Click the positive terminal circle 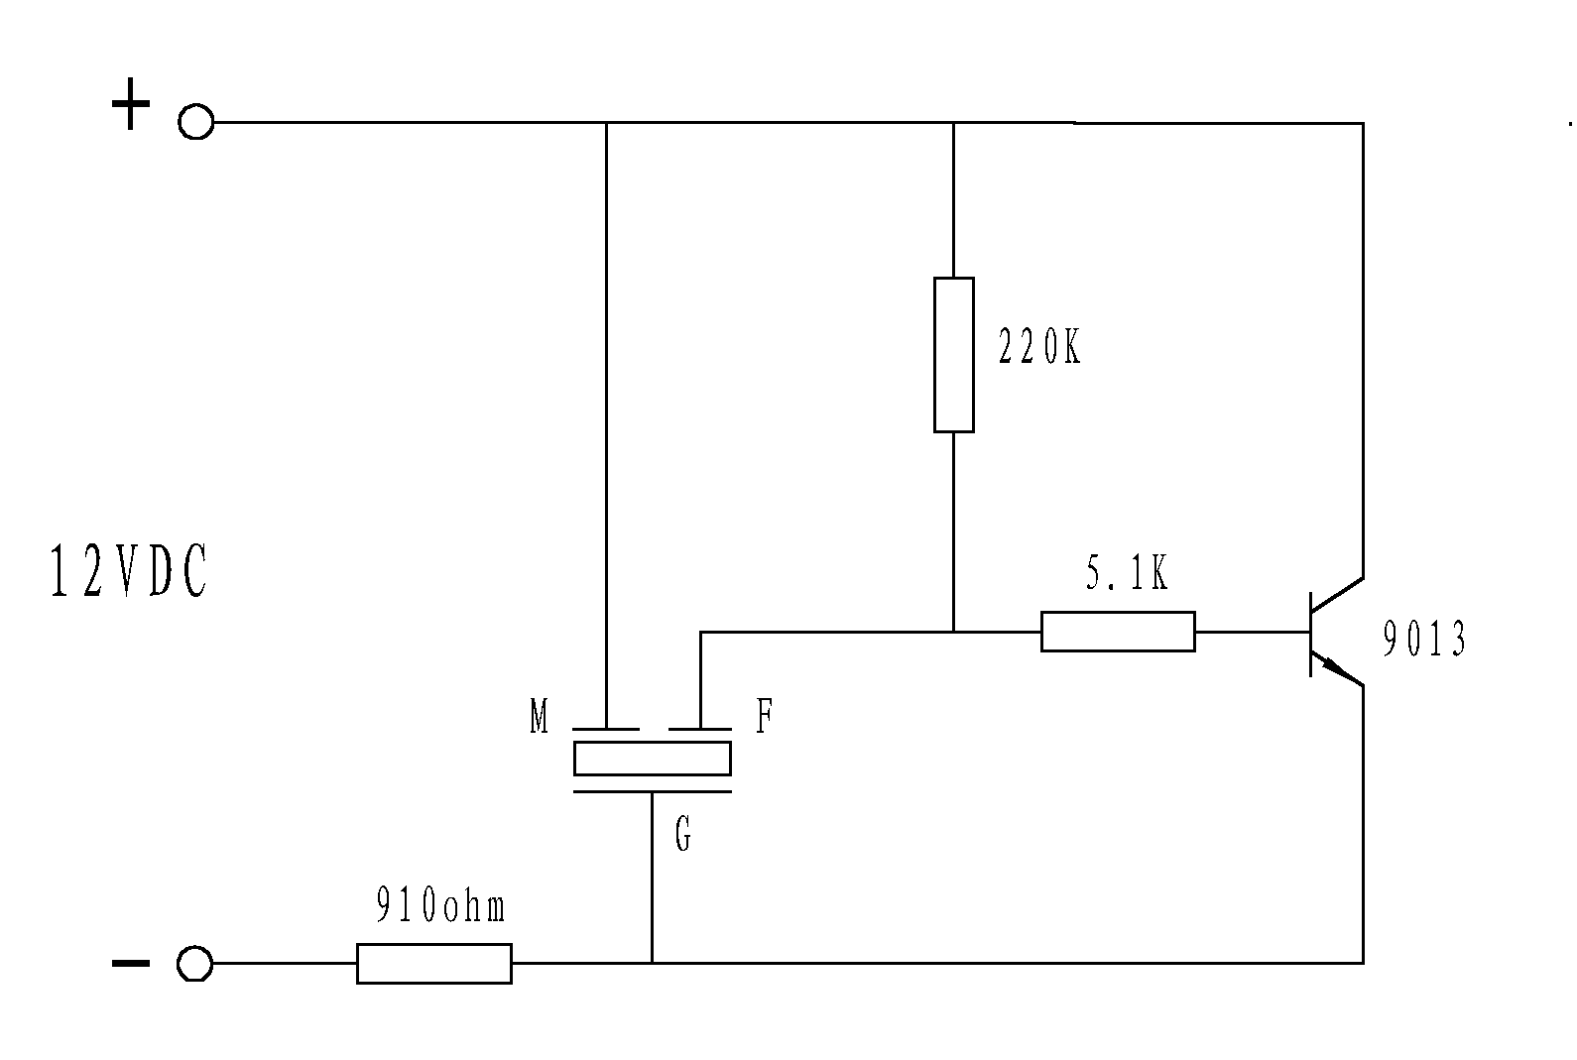(195, 122)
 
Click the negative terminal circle (194, 963)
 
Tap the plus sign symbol (130, 105)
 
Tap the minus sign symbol (130, 962)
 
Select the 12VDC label (129, 573)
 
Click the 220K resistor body (953, 355)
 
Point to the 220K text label (1038, 347)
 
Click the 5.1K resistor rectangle (1118, 632)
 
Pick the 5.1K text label (1127, 575)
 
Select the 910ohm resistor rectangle (433, 963)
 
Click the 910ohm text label (441, 906)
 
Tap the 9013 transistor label (1424, 641)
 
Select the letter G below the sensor (682, 836)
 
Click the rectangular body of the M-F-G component (652, 759)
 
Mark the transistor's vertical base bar (1311, 634)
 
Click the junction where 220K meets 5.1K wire (953, 632)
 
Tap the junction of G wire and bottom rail (652, 962)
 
